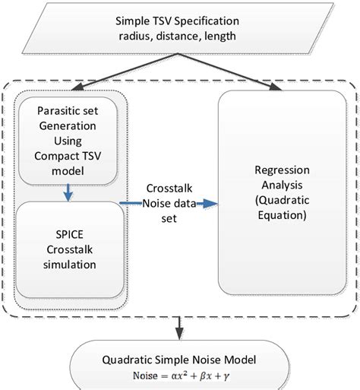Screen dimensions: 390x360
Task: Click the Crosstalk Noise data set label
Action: (x=169, y=203)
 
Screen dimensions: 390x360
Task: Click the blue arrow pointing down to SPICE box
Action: (x=69, y=194)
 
